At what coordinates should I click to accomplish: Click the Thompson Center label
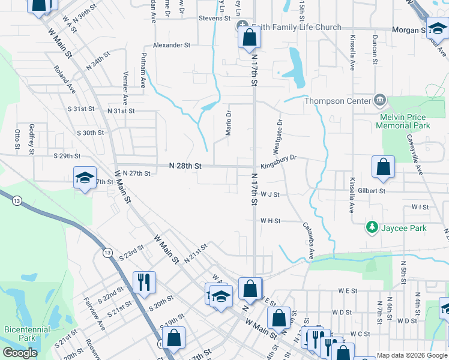337,101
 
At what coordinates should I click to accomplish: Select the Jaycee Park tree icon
372,227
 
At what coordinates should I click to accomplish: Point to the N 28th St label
185,165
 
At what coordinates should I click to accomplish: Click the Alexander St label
172,45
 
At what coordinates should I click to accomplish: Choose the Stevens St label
215,19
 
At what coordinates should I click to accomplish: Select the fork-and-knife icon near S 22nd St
143,281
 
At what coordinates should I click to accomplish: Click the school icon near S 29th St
85,178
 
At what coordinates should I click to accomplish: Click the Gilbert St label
372,191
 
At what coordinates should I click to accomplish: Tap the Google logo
19,353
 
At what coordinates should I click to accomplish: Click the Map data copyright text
411,355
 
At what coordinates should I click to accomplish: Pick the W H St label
270,221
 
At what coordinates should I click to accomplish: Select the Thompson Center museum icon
379,99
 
